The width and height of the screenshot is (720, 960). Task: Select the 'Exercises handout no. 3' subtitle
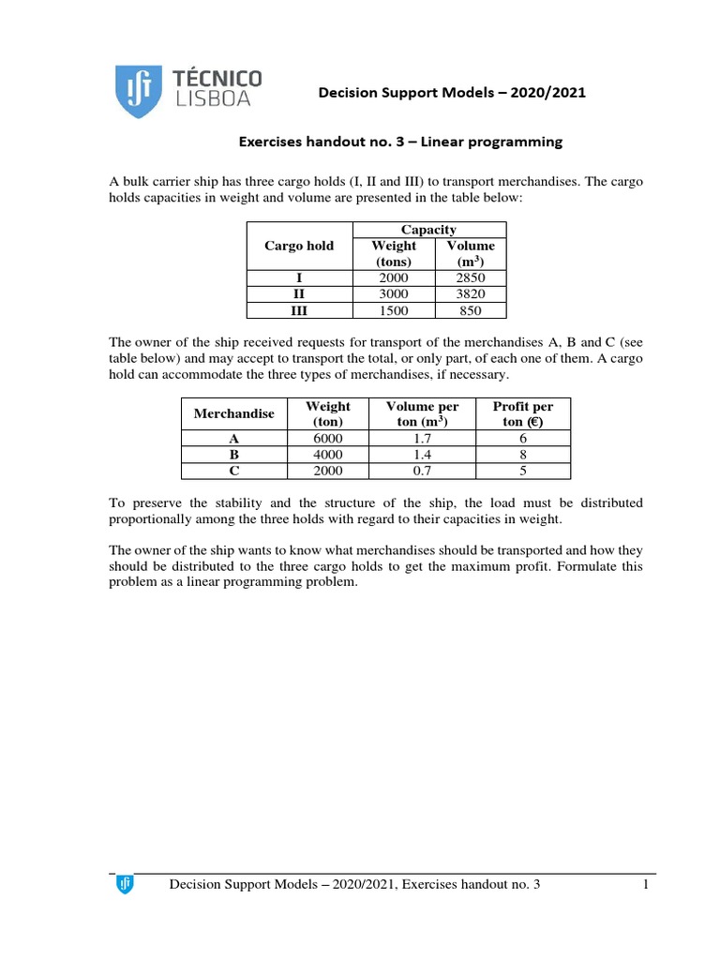(400, 142)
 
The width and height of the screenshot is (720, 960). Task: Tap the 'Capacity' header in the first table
(428, 230)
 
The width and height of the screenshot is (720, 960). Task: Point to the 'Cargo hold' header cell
(299, 246)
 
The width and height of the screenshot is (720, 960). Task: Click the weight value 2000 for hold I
(394, 278)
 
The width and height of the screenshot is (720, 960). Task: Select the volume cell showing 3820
(471, 294)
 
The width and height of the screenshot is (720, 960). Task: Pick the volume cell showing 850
(471, 310)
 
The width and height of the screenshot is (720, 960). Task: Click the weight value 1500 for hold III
(394, 310)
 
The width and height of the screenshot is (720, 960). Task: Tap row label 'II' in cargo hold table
(299, 294)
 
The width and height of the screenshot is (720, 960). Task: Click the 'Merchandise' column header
(233, 413)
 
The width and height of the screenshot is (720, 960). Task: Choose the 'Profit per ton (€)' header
(522, 413)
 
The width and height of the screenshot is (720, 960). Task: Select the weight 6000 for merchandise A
(328, 438)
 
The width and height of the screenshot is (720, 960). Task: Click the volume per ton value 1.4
(422, 455)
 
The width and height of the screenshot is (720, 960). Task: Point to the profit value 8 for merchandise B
(522, 455)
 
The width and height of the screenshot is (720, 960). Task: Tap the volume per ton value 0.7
(422, 471)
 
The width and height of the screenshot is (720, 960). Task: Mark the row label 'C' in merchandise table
(233, 471)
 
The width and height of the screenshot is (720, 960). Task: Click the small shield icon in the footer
(124, 884)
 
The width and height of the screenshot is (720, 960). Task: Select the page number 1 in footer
(647, 885)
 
